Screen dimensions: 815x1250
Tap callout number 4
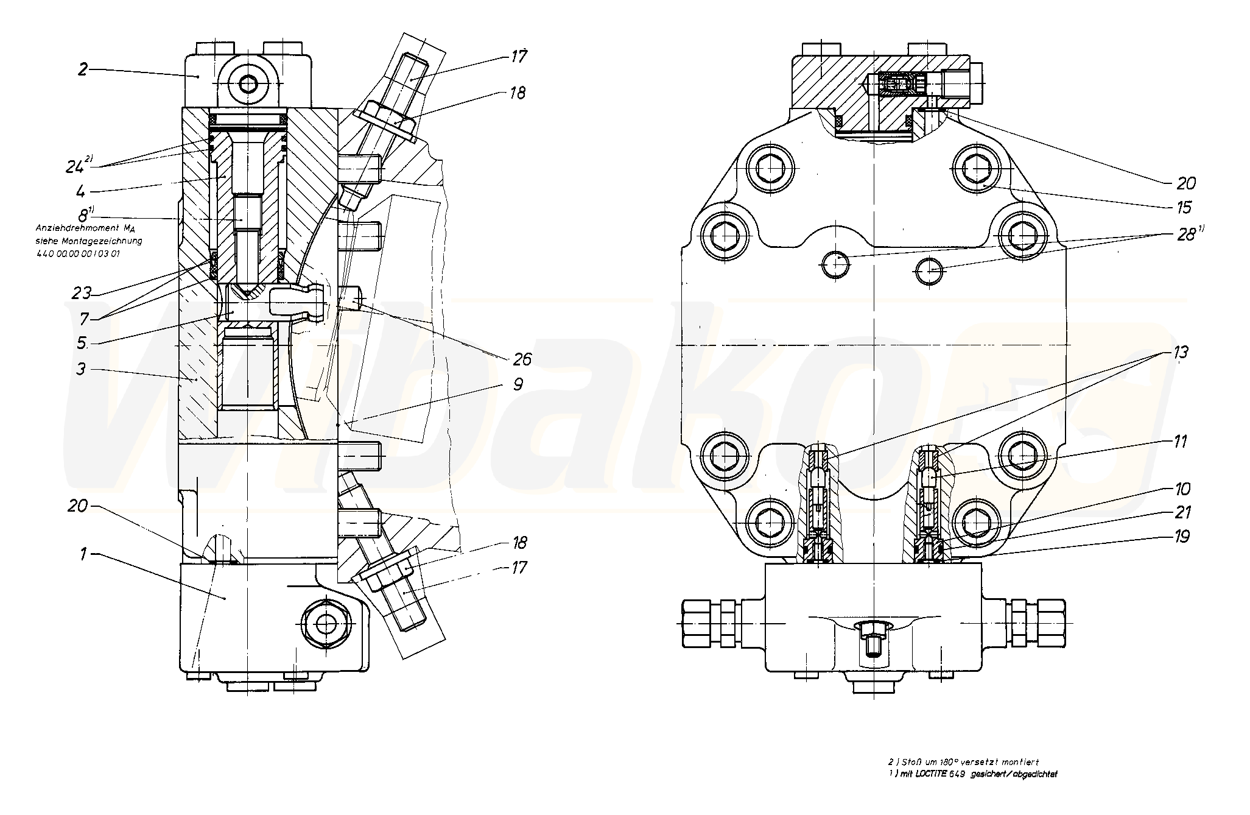click(80, 191)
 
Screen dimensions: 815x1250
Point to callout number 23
click(82, 293)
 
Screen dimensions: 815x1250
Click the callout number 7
click(84, 318)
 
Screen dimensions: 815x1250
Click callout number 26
click(522, 359)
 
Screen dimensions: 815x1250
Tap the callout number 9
click(517, 384)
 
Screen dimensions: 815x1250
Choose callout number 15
click(1183, 207)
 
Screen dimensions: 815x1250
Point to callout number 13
click(1179, 353)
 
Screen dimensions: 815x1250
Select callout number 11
click(1179, 440)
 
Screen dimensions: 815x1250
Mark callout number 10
click(1179, 489)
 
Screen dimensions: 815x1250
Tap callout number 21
click(1181, 512)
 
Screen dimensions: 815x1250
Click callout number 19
click(1181, 537)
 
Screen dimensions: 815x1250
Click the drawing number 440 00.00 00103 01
click(77, 253)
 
